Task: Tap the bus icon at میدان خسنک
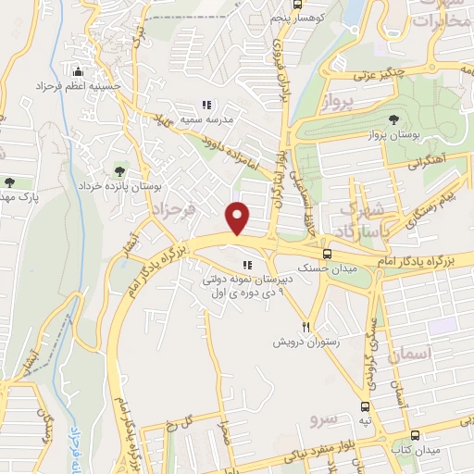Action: pyautogui.click(x=327, y=252)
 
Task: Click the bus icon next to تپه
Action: pyautogui.click(x=366, y=405)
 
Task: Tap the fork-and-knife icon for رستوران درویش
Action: pyautogui.click(x=306, y=327)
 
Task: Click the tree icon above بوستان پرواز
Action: pyautogui.click(x=394, y=119)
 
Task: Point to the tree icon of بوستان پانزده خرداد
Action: pyautogui.click(x=118, y=170)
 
